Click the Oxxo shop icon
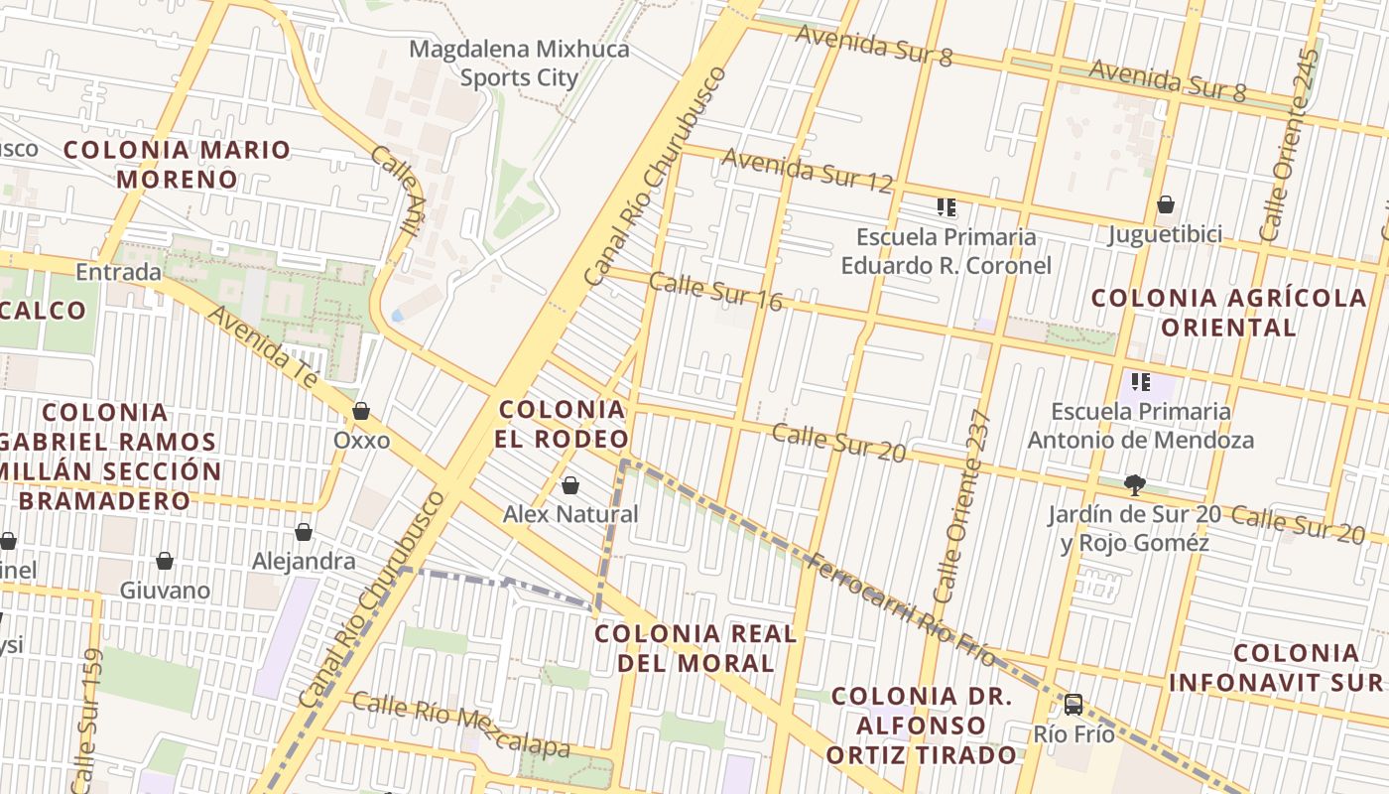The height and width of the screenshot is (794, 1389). click(x=361, y=411)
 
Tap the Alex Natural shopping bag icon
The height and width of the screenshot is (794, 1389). click(x=570, y=485)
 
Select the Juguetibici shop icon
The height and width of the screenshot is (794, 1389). click(x=1166, y=205)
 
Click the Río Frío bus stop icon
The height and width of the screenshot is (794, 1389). click(x=1073, y=705)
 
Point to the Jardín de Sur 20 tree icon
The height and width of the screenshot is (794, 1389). click(x=1134, y=485)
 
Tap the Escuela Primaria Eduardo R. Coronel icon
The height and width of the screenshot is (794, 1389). click(x=947, y=207)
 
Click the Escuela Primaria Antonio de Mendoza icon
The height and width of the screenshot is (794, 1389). click(x=1141, y=381)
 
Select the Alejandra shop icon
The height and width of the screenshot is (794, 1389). click(x=304, y=533)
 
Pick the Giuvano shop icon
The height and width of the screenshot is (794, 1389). click(x=165, y=562)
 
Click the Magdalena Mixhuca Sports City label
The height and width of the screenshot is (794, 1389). click(x=519, y=64)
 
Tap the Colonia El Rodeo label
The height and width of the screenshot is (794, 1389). click(x=564, y=424)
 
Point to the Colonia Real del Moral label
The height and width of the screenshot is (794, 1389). click(x=695, y=648)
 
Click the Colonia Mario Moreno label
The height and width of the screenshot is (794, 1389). click(x=178, y=165)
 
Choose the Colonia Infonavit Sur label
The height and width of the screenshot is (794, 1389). click(x=1279, y=667)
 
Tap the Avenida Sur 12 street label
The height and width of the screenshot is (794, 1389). click(x=807, y=169)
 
